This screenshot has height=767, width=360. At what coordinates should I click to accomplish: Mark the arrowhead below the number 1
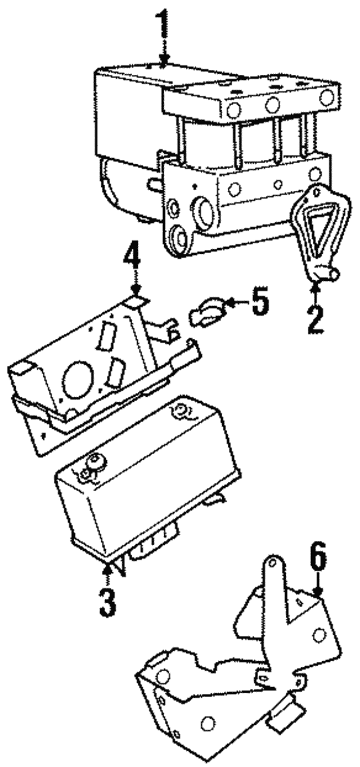164,61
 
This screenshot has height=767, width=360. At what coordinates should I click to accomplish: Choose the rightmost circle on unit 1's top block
326,97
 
